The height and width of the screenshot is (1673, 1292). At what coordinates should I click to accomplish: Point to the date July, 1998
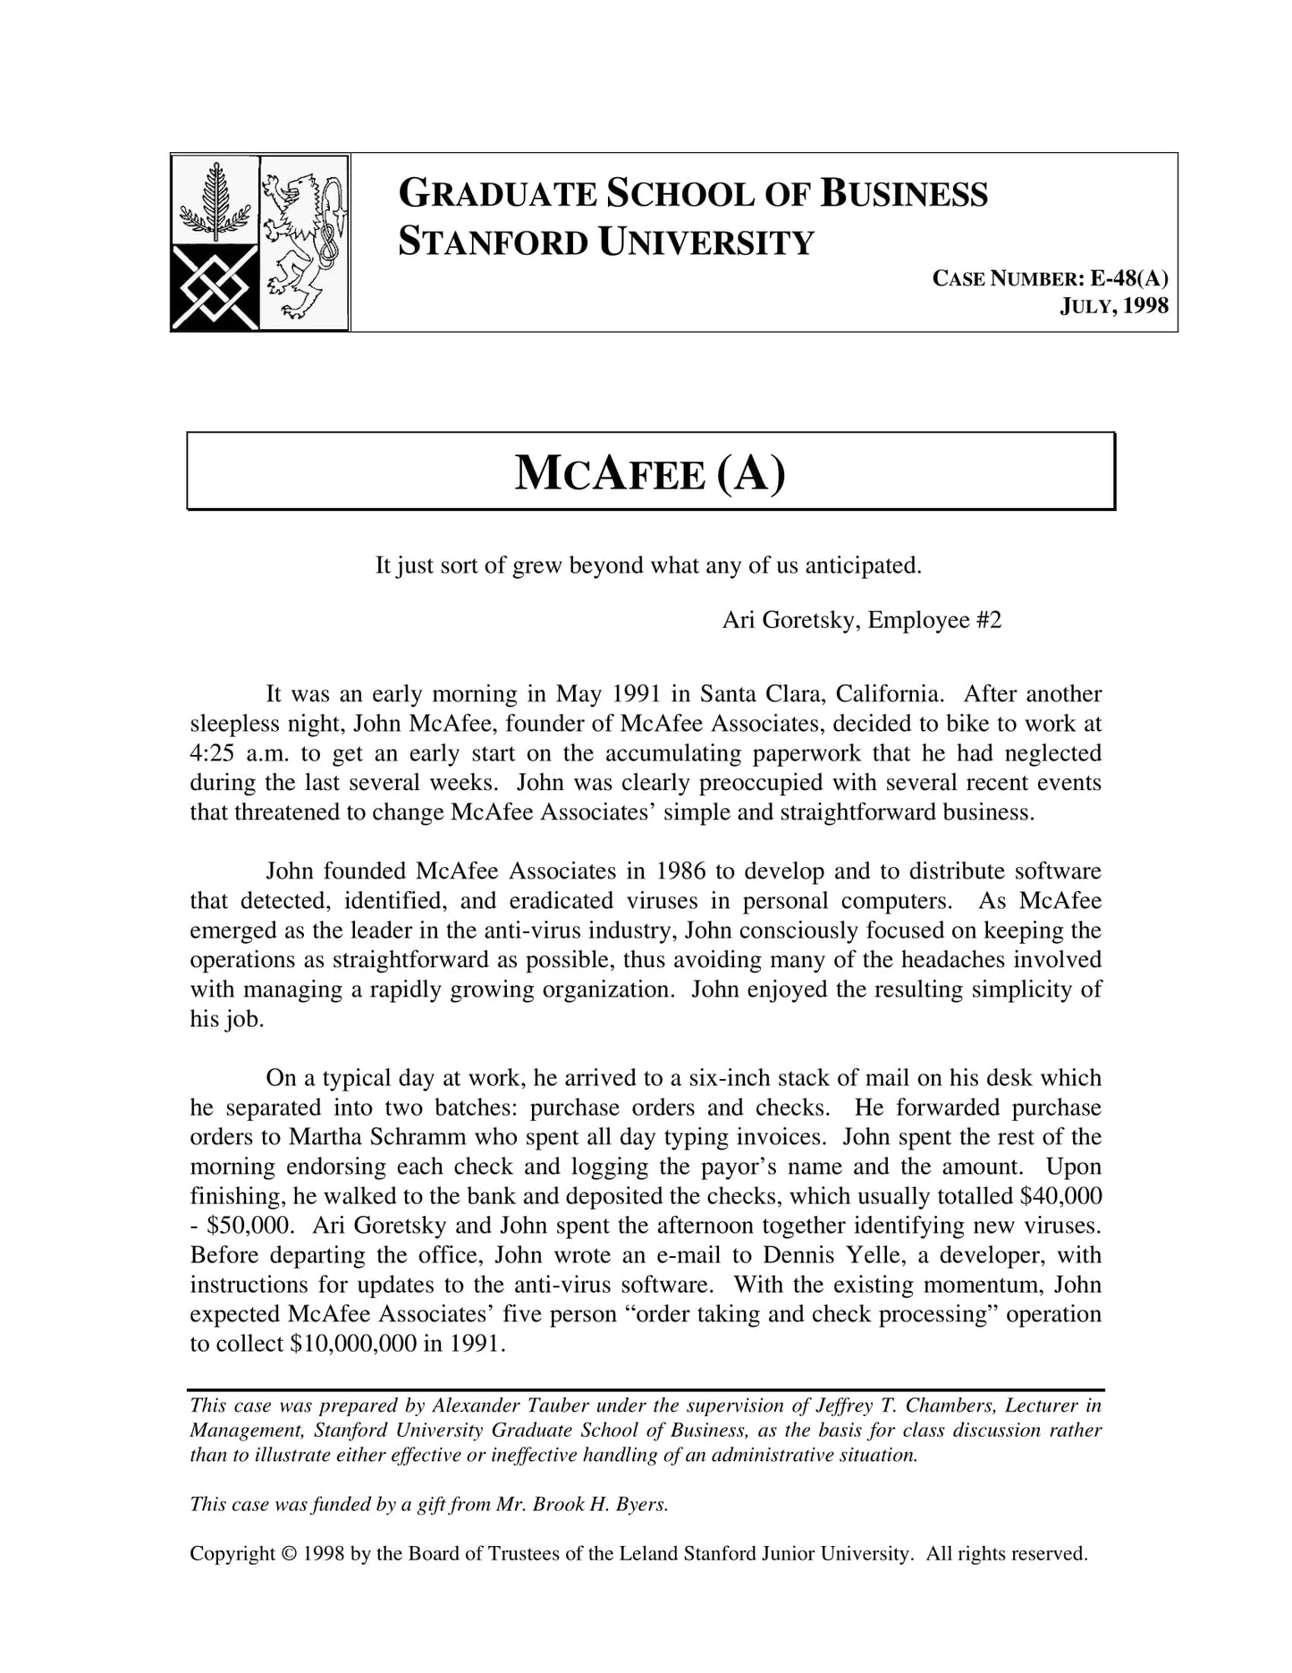[x=1114, y=306]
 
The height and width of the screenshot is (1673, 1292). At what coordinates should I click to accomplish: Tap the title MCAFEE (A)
[x=650, y=472]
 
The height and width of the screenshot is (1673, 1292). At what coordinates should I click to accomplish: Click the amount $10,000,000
[x=353, y=1344]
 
